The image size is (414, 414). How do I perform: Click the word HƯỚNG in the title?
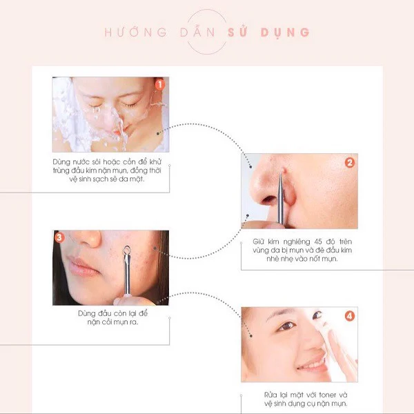[x=136, y=32]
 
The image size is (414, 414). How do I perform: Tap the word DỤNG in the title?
[x=285, y=32]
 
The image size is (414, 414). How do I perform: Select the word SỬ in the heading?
[x=237, y=32]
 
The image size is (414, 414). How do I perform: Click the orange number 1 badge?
[x=160, y=84]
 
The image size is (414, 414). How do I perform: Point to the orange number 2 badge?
[x=350, y=162]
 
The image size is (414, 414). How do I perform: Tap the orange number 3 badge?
[x=59, y=237]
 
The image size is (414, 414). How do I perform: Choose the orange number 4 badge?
[x=350, y=316]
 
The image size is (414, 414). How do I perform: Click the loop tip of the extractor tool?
[x=127, y=250]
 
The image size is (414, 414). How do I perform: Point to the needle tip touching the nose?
[x=282, y=172]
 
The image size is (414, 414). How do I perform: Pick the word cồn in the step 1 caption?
[x=129, y=161]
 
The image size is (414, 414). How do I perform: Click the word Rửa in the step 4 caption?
[x=270, y=395]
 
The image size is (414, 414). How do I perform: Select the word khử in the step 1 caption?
[x=155, y=161]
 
